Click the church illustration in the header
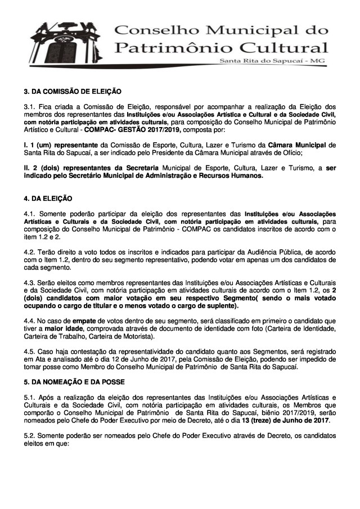59,42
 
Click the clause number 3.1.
29,106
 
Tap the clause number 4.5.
29,351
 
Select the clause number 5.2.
29,436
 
